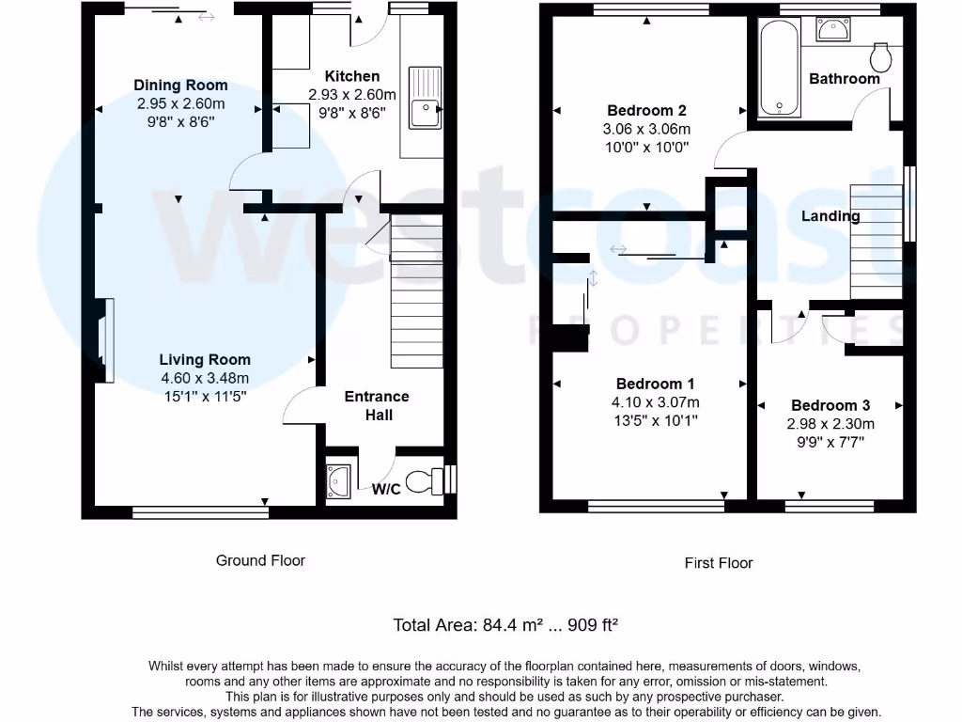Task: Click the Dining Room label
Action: click(180, 86)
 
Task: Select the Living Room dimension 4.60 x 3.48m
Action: click(204, 378)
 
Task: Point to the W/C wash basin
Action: click(338, 481)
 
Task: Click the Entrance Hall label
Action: click(378, 405)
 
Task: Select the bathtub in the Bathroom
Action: click(780, 68)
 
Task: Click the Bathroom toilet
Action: click(882, 58)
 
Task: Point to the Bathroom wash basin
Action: click(831, 30)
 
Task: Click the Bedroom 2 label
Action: click(646, 111)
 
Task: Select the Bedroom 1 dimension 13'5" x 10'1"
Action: click(655, 421)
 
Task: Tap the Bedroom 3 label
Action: click(830, 405)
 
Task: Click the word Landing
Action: click(830, 216)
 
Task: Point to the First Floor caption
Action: click(719, 563)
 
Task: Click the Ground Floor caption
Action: click(260, 560)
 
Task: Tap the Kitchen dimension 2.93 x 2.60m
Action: click(351, 95)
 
